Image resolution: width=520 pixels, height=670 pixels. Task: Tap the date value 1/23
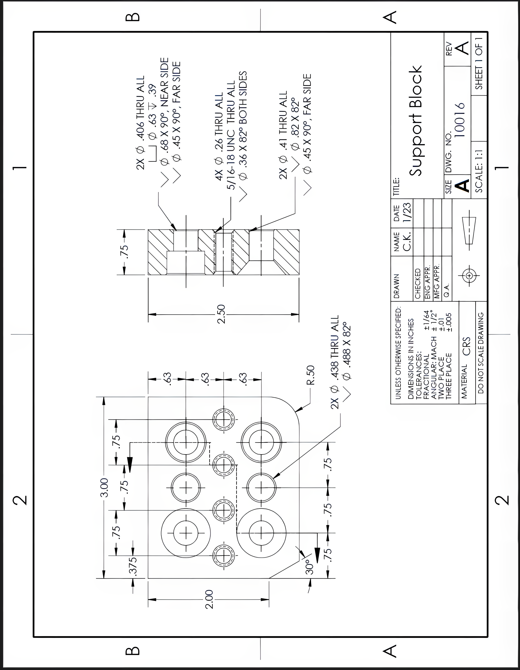pos(407,212)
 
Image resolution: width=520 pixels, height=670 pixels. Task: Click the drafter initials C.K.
pos(407,242)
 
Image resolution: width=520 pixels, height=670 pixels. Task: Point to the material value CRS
pos(466,346)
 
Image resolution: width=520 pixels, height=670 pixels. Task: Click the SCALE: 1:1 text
pos(479,171)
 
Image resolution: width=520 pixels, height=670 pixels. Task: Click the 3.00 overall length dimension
pos(104,488)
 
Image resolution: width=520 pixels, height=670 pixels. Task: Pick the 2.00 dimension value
pos(209,599)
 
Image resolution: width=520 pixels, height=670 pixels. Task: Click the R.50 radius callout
pos(310,375)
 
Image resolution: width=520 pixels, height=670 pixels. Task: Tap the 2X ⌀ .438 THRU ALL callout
pos(335,362)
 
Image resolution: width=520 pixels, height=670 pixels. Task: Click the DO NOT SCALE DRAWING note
pos(481,353)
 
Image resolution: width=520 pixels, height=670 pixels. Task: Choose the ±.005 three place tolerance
pos(449,322)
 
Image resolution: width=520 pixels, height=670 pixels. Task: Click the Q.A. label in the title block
pos(447,290)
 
